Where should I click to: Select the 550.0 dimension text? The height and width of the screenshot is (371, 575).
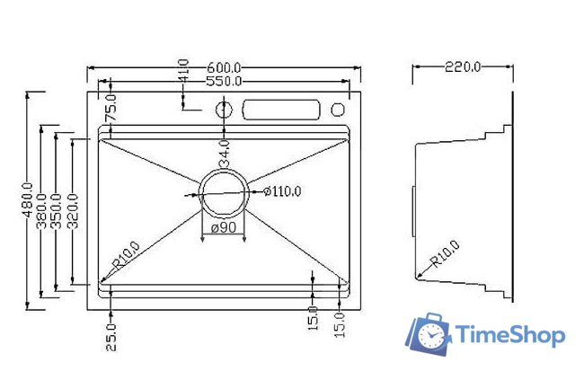[224, 81]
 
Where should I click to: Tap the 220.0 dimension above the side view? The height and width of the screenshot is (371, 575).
[463, 66]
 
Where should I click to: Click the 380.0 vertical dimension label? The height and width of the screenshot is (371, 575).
[42, 210]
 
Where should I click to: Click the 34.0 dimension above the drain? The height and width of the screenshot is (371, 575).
[224, 150]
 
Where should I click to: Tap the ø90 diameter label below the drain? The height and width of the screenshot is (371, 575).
[223, 228]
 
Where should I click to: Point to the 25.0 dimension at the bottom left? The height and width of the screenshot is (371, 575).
[111, 336]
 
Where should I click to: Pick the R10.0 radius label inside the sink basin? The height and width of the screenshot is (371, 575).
[125, 256]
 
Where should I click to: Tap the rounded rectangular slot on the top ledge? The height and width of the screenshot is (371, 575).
[280, 109]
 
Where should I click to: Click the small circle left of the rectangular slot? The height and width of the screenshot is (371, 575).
[223, 109]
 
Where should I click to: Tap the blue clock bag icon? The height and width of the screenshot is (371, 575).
[428, 335]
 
